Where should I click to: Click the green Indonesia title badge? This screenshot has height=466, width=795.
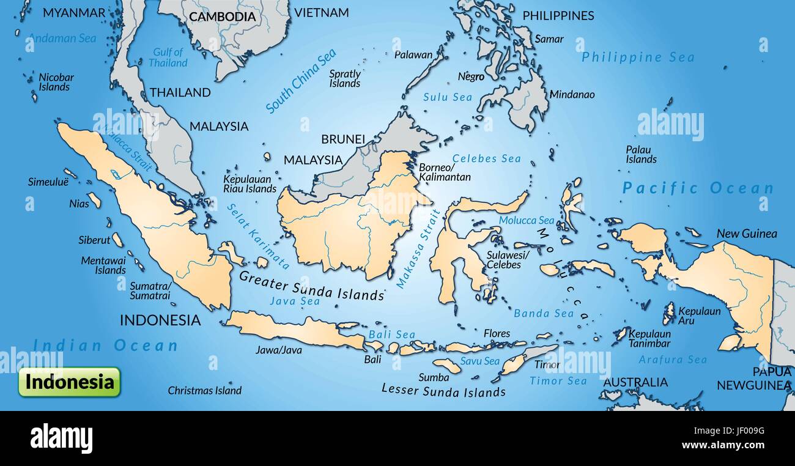pos(69,382)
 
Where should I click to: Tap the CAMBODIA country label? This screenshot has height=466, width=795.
pos(222,17)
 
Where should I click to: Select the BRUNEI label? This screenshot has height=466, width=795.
pos(343,139)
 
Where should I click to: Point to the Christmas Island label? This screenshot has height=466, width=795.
pos(205,390)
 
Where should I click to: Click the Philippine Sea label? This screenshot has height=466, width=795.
pos(638,57)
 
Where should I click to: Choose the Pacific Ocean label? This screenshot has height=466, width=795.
pos(698,188)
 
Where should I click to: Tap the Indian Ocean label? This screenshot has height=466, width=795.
pos(105,346)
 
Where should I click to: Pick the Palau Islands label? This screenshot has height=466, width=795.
pos(640,154)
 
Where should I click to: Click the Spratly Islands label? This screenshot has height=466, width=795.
pos(345,78)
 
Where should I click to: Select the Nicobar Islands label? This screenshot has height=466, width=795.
pos(56,82)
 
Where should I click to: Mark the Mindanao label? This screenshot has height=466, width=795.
pos(572,95)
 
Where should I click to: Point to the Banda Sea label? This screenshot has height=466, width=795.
pos(543,313)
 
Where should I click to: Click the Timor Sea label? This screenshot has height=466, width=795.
pos(558,380)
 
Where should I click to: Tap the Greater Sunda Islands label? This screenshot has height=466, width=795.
pos(311,286)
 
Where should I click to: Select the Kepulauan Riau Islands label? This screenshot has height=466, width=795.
pos(250,184)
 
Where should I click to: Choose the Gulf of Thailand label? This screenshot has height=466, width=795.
pos(168,57)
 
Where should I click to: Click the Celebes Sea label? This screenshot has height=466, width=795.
pos(486,158)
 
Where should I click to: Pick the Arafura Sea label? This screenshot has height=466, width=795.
pos(672,360)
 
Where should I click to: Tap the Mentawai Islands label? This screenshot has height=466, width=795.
pos(103,265)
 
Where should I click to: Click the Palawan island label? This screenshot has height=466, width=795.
pos(413,54)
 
